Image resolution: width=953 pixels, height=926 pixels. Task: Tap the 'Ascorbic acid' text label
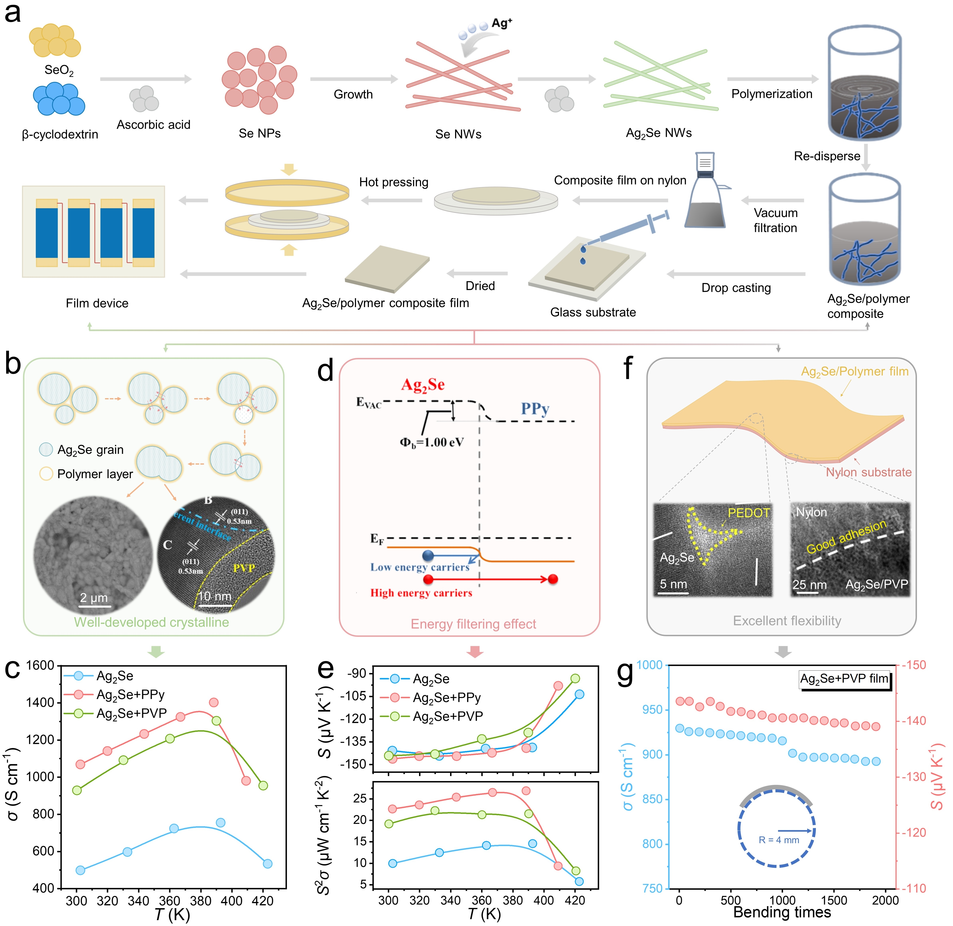(153, 125)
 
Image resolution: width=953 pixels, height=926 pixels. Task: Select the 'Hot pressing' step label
(394, 182)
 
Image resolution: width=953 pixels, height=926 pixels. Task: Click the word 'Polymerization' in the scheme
(772, 94)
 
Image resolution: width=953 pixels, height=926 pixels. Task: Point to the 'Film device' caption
(97, 303)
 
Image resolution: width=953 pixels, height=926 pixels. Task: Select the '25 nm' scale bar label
(809, 585)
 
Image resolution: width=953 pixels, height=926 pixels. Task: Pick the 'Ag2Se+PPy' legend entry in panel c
(130, 695)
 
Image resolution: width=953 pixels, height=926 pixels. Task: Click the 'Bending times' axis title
(782, 912)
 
